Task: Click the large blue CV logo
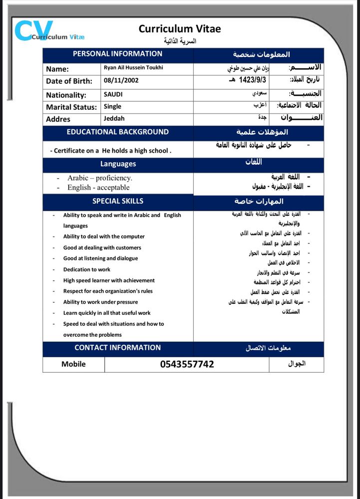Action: pyautogui.click(x=33, y=31)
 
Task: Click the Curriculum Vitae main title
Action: pyautogui.click(x=180, y=29)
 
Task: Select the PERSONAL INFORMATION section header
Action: pyautogui.click(x=117, y=54)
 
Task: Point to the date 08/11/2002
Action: pyautogui.click(x=121, y=80)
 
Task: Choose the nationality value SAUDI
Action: pyautogui.click(x=113, y=94)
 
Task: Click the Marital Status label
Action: pyautogui.click(x=71, y=107)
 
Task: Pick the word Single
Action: pyautogui.click(x=112, y=106)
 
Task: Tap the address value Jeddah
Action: pyautogui.click(x=114, y=119)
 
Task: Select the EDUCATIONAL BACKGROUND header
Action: pyautogui.click(x=117, y=132)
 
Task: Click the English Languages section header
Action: pyautogui.click(x=118, y=164)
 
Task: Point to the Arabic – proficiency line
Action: pyautogui.click(x=100, y=178)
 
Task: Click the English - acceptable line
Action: pyautogui.click(x=98, y=188)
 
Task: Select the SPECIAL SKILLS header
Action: pyautogui.click(x=117, y=201)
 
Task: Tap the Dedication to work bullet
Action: pyautogui.click(x=86, y=269)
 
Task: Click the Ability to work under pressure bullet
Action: pyautogui.click(x=100, y=302)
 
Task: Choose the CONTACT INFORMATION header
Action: pyautogui.click(x=117, y=348)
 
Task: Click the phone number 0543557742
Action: pyautogui.click(x=187, y=364)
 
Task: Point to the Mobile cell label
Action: pyautogui.click(x=73, y=364)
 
